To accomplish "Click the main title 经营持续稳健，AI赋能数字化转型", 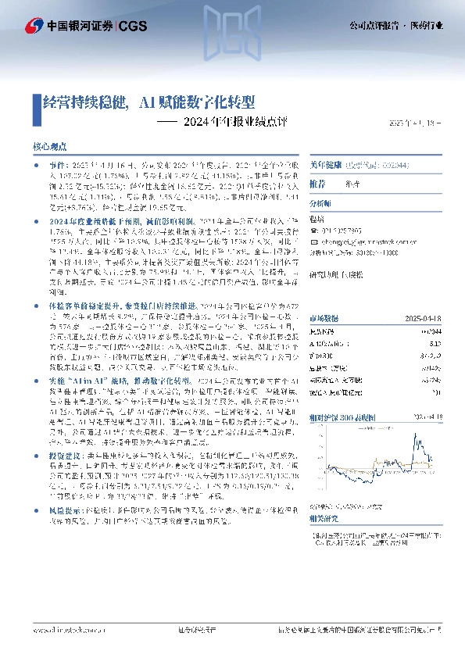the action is (148, 102).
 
